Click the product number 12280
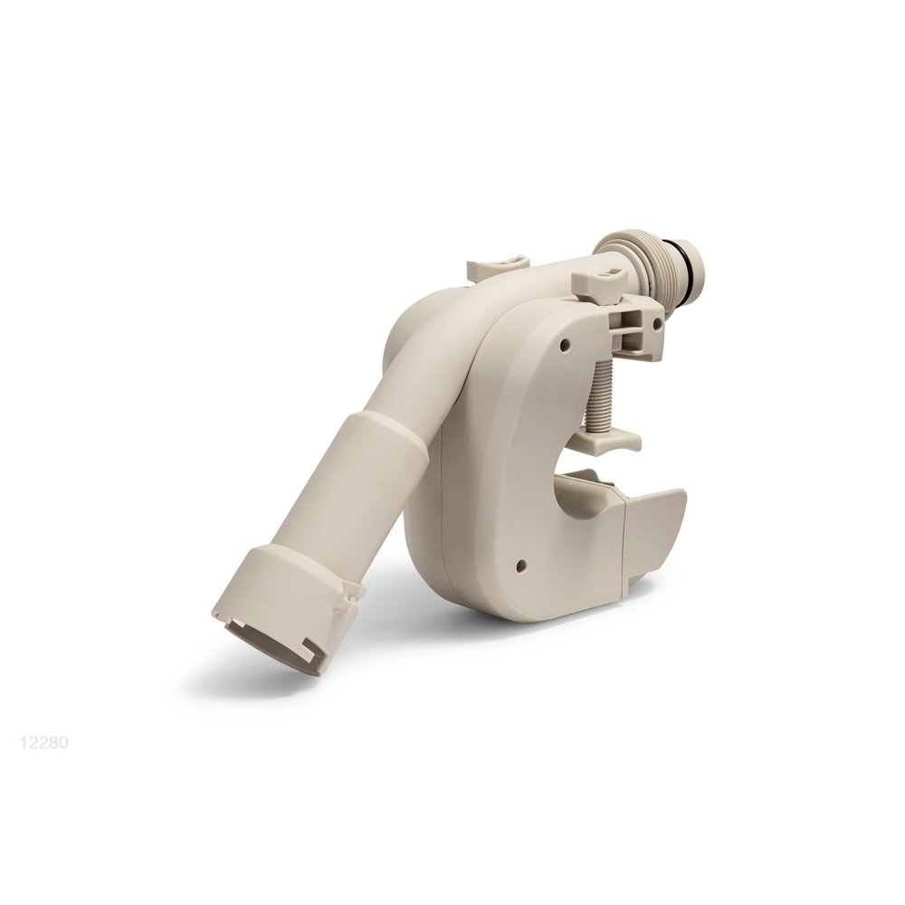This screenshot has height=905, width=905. [44, 742]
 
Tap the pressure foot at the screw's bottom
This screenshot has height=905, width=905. [608, 443]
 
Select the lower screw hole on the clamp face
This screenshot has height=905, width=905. [521, 562]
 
